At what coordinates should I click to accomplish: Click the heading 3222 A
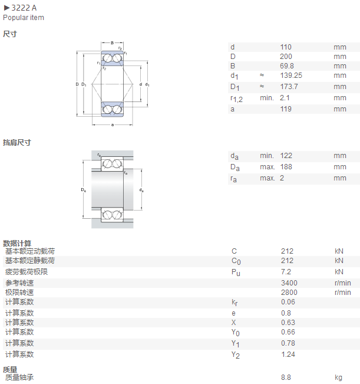click(x=24, y=8)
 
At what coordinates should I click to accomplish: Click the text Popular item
click(x=24, y=18)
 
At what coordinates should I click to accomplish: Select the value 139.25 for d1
click(x=291, y=76)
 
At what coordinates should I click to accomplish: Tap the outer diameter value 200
click(x=286, y=57)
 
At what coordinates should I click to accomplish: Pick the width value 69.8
click(x=287, y=66)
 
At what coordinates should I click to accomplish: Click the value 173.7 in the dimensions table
click(x=289, y=87)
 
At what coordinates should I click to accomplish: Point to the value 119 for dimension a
click(x=286, y=109)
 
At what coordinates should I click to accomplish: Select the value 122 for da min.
click(x=286, y=156)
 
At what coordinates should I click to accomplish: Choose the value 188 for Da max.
click(x=286, y=167)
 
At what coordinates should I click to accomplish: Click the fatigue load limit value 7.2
click(x=286, y=272)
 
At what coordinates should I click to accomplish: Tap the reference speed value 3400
click(x=289, y=283)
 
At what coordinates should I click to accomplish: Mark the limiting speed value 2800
click(x=289, y=293)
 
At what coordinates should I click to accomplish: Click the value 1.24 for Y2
click(x=288, y=355)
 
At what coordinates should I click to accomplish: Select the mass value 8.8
click(x=286, y=378)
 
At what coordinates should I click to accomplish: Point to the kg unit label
click(x=338, y=378)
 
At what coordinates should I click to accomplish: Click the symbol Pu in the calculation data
click(x=236, y=273)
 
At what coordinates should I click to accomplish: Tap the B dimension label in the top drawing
click(x=112, y=43)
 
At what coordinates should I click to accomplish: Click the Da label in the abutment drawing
click(x=84, y=190)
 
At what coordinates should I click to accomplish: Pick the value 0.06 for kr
click(x=288, y=302)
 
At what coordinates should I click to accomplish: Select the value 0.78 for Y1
click(x=288, y=343)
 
